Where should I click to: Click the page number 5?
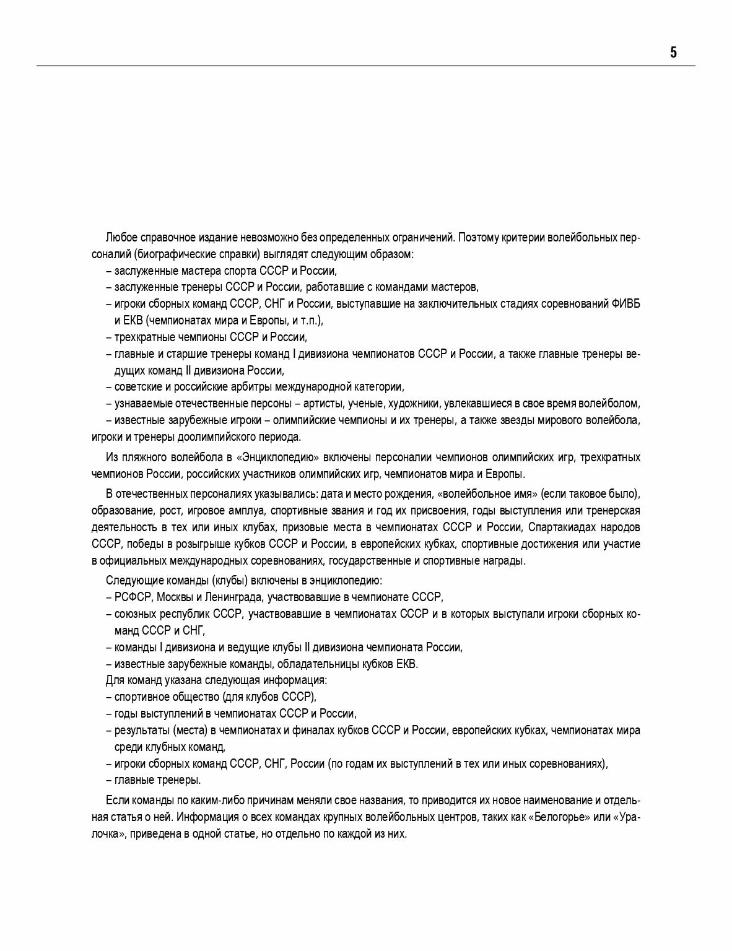[x=673, y=53]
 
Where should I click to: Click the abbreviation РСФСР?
[x=133, y=597]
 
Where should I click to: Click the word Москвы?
[x=174, y=597]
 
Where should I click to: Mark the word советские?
[x=139, y=387]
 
